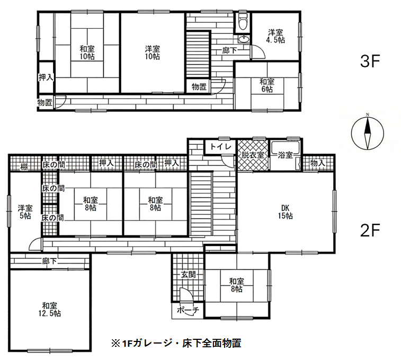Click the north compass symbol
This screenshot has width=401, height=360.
pos(368,133)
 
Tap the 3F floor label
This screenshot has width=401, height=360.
pos(370,61)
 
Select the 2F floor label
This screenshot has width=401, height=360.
pos(370,231)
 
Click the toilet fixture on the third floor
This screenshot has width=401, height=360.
pos(243,21)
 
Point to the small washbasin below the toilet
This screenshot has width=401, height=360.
pos(243,39)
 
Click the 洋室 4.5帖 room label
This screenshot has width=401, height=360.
pos(275,37)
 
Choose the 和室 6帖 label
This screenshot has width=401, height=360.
pos(267,85)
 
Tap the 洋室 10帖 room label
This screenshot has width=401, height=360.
pos(153,52)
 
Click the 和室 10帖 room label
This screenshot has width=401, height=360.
pos(87,52)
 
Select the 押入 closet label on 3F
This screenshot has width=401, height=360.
pos(46,77)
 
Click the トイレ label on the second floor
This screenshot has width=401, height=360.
pos(221,147)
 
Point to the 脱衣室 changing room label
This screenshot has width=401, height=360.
pos(253,155)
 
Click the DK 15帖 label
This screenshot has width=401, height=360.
pos(286,212)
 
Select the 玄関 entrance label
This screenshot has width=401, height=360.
pos(189,275)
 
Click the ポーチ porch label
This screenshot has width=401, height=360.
pos(188,310)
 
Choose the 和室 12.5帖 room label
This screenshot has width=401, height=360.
pos(50,310)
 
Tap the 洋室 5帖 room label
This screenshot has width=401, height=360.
pos(25,212)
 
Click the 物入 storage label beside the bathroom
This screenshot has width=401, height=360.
pos(318,163)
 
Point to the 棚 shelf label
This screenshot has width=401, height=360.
pos(24,168)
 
